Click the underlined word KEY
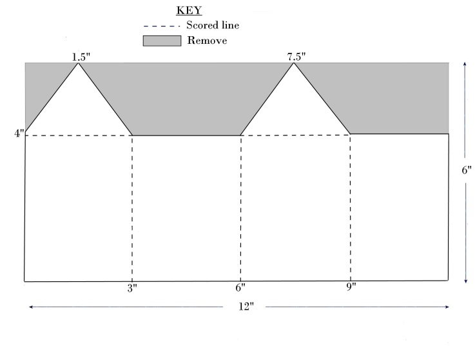tap(188, 12)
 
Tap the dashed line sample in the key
tap(162, 26)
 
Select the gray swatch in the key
tap(162, 41)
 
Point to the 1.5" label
tap(81, 57)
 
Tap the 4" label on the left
tap(19, 133)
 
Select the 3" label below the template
tap(132, 288)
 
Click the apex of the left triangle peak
tap(79, 63)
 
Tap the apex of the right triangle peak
tap(295, 63)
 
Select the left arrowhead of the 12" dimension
tap(30, 307)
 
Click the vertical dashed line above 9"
tap(350, 206)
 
